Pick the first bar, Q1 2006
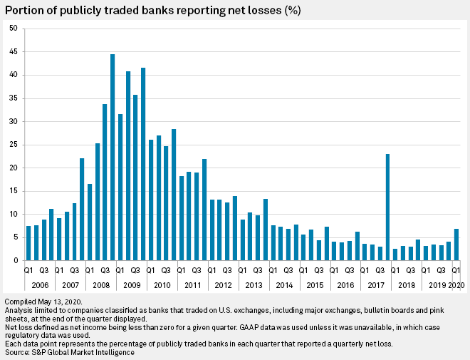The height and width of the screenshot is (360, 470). point(28,243)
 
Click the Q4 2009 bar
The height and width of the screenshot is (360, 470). point(143,164)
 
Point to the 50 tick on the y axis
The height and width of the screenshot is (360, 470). point(14,29)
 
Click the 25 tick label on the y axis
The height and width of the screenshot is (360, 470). point(14,145)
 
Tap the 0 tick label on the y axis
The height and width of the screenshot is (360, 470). point(16,261)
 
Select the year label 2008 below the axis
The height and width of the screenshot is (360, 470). point(100,284)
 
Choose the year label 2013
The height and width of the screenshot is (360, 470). point(254,284)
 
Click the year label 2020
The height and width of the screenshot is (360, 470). point(456,284)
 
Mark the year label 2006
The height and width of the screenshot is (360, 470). point(40,284)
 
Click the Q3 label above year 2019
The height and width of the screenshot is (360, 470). point(441,272)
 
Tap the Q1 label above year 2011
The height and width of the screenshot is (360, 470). point(182,272)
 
